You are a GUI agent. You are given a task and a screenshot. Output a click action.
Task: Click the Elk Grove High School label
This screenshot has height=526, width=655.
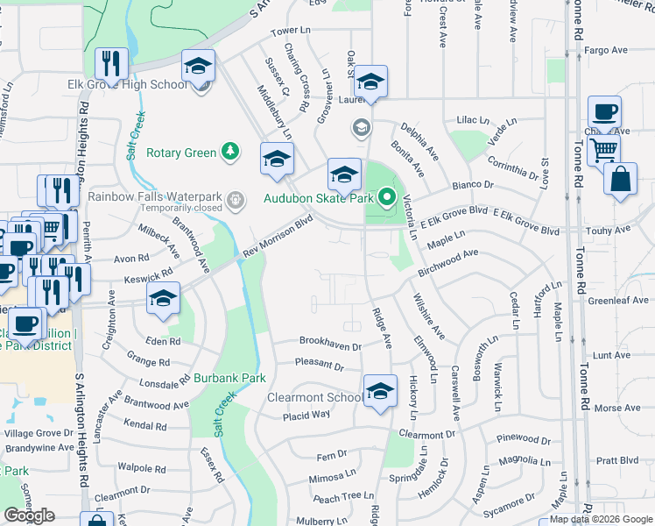(128, 85)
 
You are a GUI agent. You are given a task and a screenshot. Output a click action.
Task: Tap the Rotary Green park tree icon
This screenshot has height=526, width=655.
(230, 153)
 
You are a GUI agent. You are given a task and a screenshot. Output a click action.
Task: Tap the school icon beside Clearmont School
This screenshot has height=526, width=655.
(380, 392)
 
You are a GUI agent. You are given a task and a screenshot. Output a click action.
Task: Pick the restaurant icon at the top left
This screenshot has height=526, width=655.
(112, 62)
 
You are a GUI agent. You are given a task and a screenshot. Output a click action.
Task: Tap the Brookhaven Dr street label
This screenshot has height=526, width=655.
(330, 345)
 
